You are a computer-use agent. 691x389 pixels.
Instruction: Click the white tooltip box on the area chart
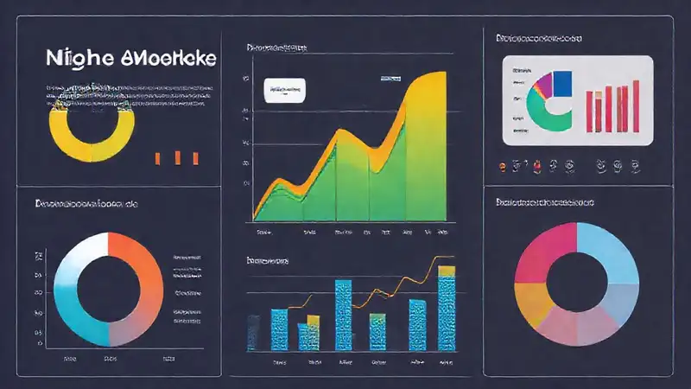(x=287, y=87)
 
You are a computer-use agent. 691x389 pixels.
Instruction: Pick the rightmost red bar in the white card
(x=635, y=105)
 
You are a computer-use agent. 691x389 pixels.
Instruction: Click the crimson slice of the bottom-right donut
(x=541, y=251)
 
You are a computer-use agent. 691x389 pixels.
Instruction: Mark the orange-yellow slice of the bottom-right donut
(x=529, y=303)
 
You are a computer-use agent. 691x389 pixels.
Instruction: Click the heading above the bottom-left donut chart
(x=86, y=204)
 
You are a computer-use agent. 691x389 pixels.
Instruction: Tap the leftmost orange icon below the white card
(x=501, y=164)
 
